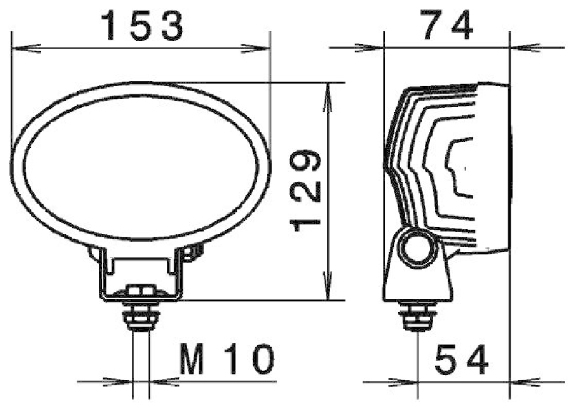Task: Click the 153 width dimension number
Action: tap(142, 27)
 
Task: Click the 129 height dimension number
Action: tap(306, 190)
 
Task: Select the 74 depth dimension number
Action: tap(446, 27)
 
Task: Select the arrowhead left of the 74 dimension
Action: tap(372, 49)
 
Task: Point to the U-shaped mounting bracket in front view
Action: tap(141, 275)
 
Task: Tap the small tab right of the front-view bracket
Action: tap(194, 251)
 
